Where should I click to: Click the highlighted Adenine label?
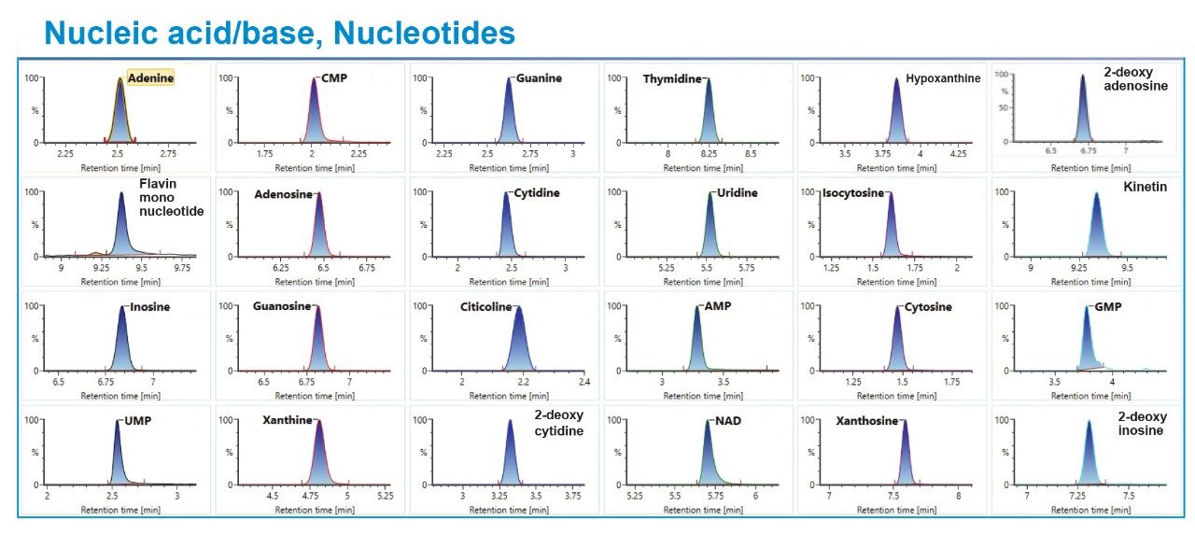point(150,78)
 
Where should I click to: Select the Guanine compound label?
point(539,78)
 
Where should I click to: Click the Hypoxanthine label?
point(943,78)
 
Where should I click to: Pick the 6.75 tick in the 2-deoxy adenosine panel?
point(1089,149)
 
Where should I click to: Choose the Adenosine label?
point(284,194)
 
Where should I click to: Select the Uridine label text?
point(738,193)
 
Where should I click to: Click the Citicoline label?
point(485,307)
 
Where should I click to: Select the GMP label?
point(1108,307)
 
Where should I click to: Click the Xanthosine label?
point(866,421)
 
